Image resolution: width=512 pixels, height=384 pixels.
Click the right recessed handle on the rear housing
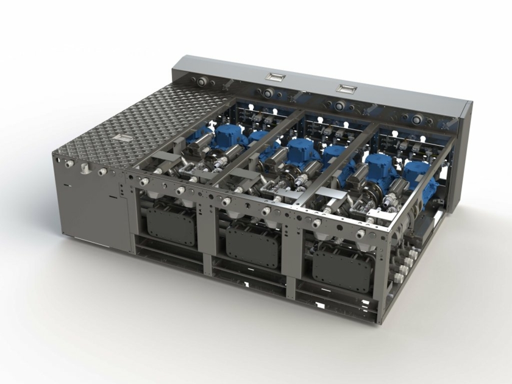point(346,88)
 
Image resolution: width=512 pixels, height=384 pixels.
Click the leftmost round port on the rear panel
point(198,80)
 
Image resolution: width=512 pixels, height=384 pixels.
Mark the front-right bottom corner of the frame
point(380,320)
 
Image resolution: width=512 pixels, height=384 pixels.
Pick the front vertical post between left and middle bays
point(207,238)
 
